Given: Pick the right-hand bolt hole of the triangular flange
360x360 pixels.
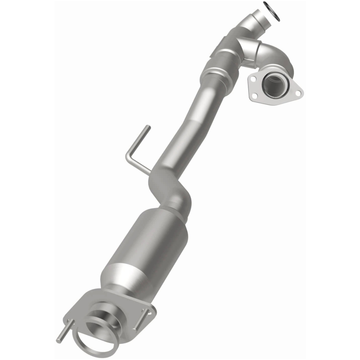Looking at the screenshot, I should pos(297,93).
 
